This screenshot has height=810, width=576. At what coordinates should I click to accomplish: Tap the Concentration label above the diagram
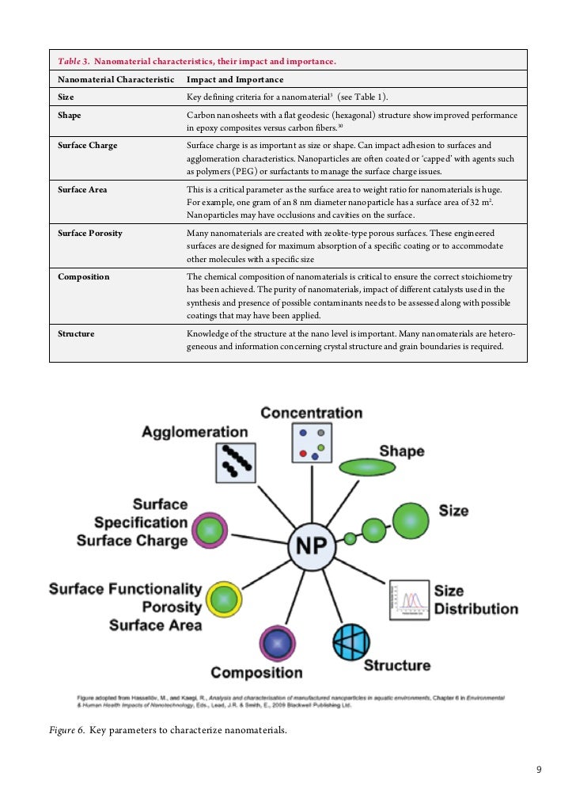(311, 413)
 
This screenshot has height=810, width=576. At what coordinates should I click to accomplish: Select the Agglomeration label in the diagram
(195, 432)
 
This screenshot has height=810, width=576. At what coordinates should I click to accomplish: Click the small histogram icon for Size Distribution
(409, 600)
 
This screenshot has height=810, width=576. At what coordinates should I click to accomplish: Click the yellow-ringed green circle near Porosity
(224, 599)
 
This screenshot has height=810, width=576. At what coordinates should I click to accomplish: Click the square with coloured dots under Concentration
(309, 443)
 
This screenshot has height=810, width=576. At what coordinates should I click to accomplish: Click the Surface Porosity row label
(90, 234)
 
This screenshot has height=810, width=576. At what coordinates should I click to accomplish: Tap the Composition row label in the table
(84, 277)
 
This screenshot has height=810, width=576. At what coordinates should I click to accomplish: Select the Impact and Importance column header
(235, 80)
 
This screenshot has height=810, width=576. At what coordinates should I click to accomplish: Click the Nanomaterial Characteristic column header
(116, 80)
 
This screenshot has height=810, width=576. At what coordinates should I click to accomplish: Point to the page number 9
(539, 770)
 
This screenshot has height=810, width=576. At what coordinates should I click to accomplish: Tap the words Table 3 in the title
(73, 61)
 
